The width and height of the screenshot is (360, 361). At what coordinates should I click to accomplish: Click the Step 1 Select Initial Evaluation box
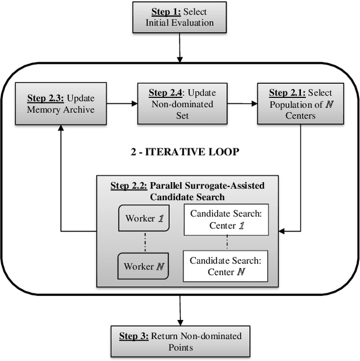179,17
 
